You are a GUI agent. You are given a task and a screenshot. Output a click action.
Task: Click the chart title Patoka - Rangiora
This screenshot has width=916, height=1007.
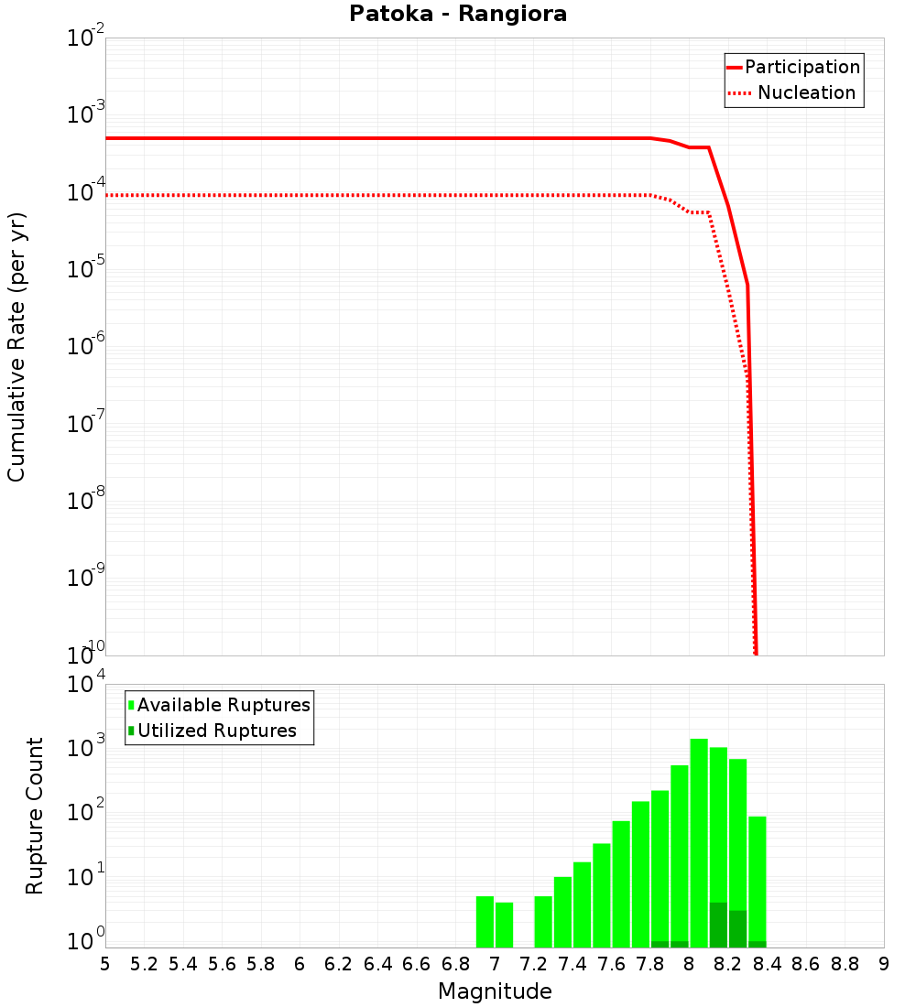(x=458, y=15)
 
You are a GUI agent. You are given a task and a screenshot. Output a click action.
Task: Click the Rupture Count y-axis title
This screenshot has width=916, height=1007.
(x=35, y=815)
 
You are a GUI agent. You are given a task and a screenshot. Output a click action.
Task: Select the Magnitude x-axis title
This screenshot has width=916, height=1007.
(x=495, y=991)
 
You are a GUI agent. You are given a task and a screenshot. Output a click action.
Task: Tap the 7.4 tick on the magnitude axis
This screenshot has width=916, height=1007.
(x=572, y=964)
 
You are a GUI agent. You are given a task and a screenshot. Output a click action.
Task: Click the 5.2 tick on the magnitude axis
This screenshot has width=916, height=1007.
(x=144, y=964)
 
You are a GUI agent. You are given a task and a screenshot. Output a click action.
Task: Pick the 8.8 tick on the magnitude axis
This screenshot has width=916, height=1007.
(x=845, y=964)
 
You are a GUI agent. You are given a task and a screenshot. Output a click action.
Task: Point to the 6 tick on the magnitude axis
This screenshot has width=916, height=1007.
(x=300, y=964)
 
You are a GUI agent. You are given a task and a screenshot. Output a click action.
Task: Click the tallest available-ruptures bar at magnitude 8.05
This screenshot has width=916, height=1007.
(x=699, y=842)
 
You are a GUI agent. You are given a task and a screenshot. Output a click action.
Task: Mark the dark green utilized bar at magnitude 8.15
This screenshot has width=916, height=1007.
(x=718, y=925)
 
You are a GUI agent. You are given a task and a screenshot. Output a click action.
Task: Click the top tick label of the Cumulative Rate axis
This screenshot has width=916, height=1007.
(x=86, y=39)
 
